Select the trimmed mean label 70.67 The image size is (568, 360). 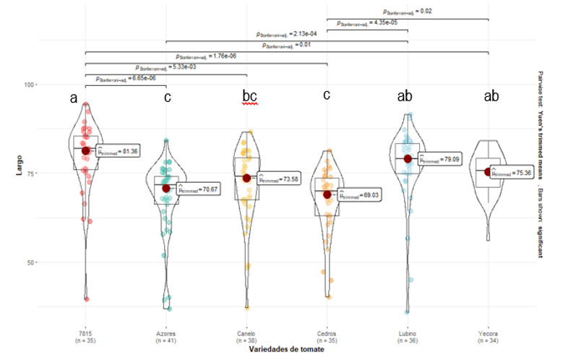click(195, 191)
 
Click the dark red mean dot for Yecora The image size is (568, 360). click(489, 172)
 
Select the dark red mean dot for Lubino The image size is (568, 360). click(408, 159)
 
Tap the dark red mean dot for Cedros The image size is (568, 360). click(327, 194)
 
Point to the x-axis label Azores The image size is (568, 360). click(165, 334)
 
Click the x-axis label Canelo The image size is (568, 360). click(246, 334)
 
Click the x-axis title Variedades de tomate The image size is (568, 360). click(288, 351)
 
